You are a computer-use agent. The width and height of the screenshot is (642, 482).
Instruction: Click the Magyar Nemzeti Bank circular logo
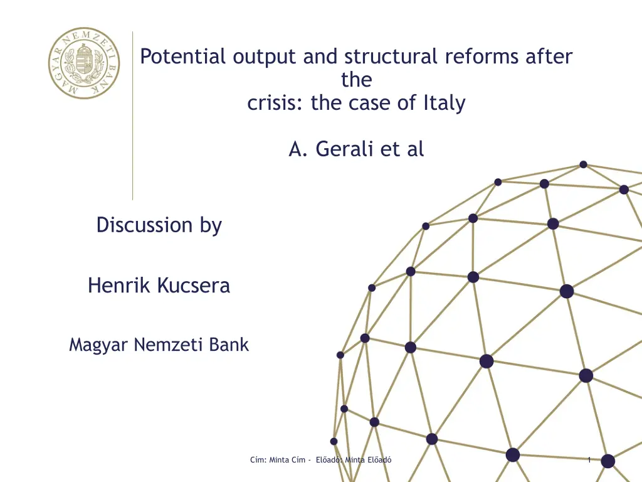(x=84, y=63)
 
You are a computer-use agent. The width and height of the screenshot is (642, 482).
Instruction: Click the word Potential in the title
(x=182, y=56)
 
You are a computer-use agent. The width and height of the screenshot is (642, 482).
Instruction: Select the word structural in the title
(x=391, y=56)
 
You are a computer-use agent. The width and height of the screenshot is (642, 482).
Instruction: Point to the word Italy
(x=445, y=104)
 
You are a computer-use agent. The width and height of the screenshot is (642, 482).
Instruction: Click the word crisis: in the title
(x=275, y=102)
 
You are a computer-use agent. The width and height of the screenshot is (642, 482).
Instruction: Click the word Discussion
(x=145, y=225)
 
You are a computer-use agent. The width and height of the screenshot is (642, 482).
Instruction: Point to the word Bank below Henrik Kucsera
(x=228, y=345)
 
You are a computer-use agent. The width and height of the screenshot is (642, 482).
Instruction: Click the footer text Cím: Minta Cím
(x=278, y=460)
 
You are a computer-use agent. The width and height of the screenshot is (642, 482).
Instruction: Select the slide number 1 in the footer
(x=589, y=460)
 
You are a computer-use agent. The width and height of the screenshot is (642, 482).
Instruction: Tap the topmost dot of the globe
(x=584, y=165)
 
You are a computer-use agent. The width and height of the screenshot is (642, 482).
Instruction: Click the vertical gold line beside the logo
(x=133, y=115)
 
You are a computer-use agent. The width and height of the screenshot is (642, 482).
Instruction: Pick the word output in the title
(x=264, y=57)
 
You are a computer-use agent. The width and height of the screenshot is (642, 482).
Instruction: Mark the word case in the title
(x=370, y=104)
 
